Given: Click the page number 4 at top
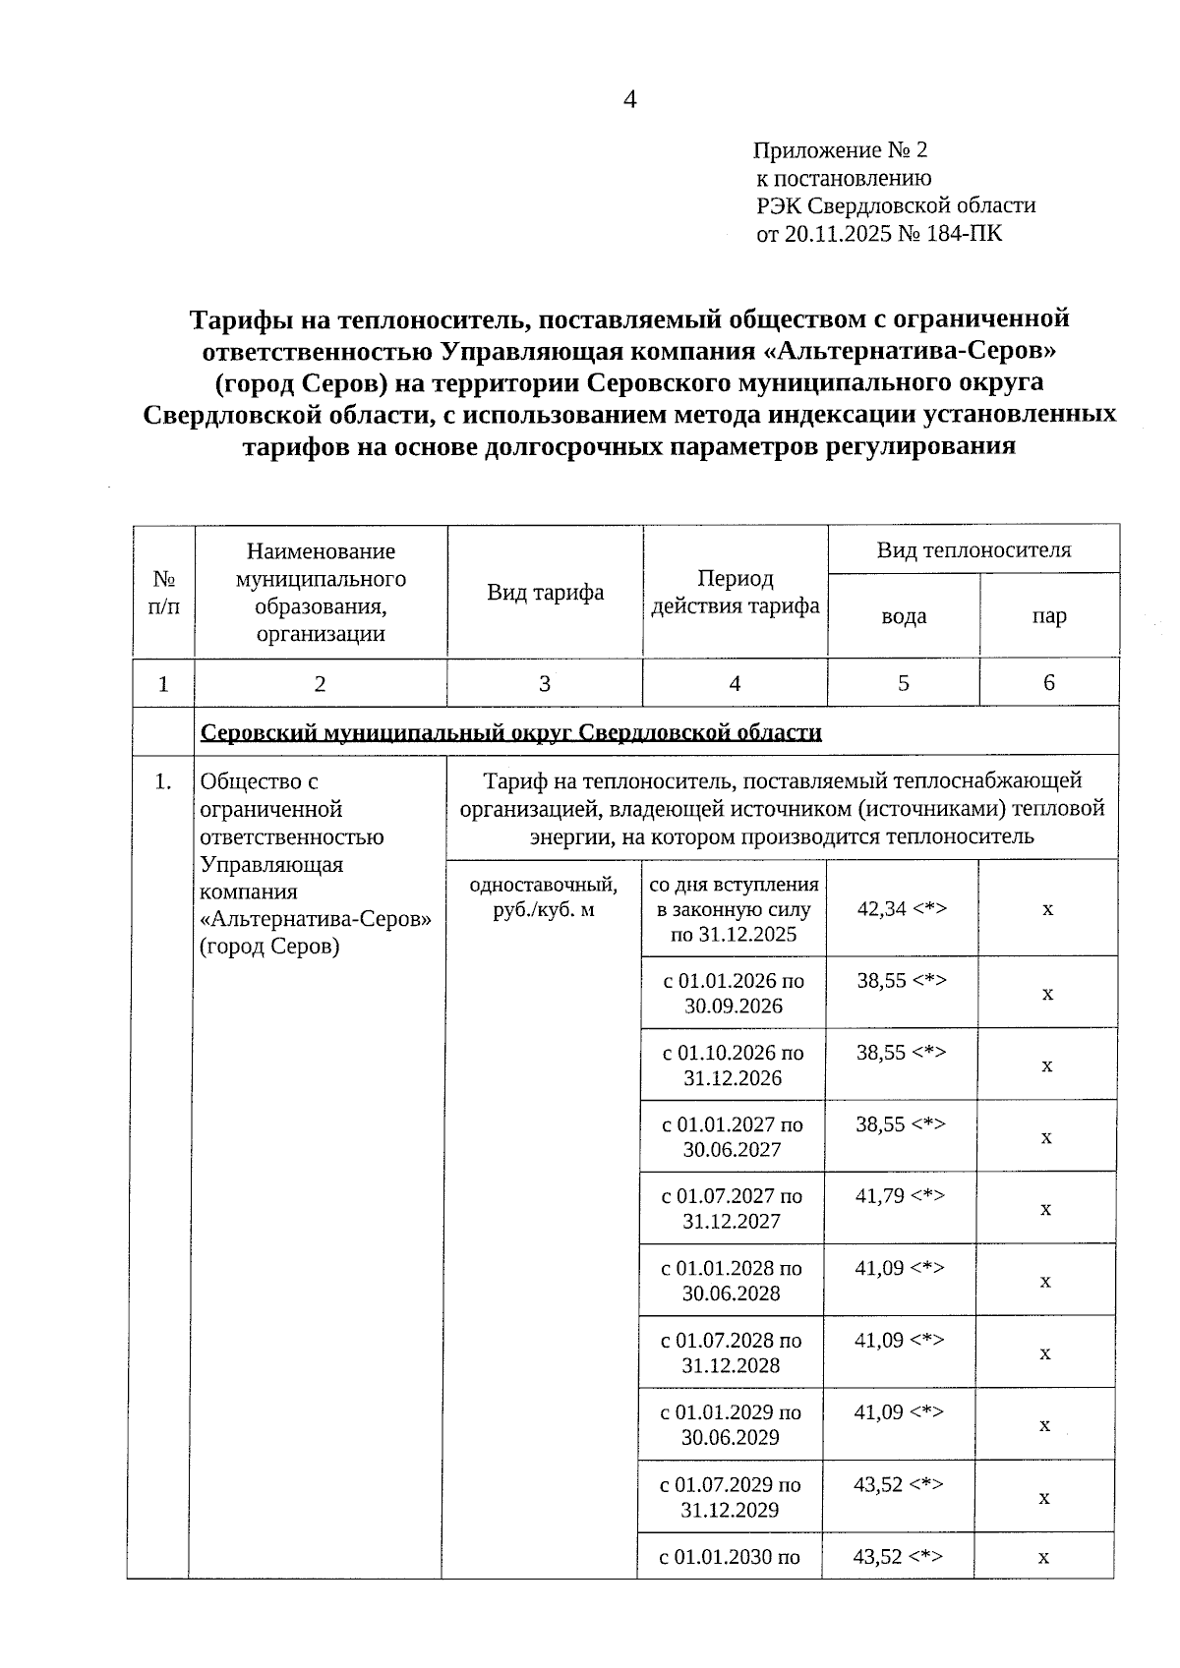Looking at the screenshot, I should [629, 100].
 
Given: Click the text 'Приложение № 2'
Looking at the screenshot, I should [840, 150].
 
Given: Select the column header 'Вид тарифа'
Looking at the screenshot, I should [545, 593].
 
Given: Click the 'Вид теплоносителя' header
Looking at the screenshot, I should [973, 550].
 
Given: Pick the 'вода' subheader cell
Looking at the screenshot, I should [903, 616].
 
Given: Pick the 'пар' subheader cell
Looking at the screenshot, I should [1048, 616].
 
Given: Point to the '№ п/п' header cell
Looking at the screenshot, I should [164, 593].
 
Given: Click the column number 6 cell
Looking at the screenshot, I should [1048, 683].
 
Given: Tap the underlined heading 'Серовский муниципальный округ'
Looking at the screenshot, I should [511, 732].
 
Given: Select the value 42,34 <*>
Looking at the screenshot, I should [902, 908].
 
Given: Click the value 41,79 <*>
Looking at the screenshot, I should [900, 1195].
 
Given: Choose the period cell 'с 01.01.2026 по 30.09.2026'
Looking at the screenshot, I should [734, 993].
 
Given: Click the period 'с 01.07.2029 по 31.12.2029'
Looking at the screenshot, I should [730, 1497].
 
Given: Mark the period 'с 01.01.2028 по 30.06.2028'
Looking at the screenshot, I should [732, 1281].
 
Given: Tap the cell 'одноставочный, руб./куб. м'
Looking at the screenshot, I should [544, 896].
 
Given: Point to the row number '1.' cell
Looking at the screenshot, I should [163, 782].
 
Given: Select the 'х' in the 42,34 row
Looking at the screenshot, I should [1047, 909].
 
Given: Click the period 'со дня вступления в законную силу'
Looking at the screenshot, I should [734, 896].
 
